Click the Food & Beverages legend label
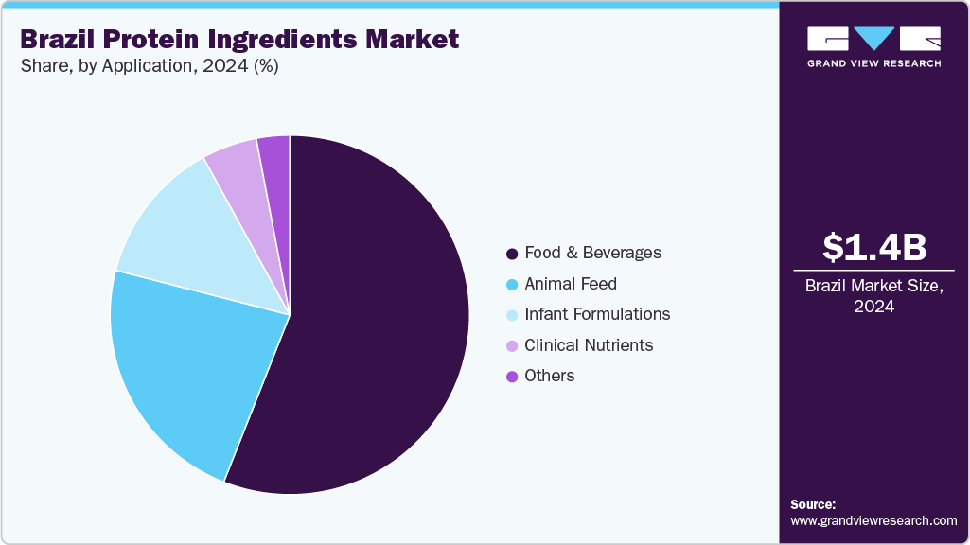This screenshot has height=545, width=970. (x=593, y=253)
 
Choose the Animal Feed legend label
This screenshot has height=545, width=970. (x=571, y=284)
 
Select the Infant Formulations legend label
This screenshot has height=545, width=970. (x=597, y=314)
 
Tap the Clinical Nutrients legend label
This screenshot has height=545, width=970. (x=589, y=345)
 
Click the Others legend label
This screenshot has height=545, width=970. (x=550, y=376)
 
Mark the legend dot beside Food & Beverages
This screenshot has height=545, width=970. (x=512, y=254)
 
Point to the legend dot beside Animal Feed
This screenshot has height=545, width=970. (x=512, y=284)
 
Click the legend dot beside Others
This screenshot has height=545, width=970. (x=512, y=377)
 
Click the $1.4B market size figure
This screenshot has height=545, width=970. (x=873, y=247)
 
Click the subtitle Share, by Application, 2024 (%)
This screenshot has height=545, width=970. (x=148, y=66)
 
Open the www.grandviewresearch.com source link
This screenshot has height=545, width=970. (x=873, y=520)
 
